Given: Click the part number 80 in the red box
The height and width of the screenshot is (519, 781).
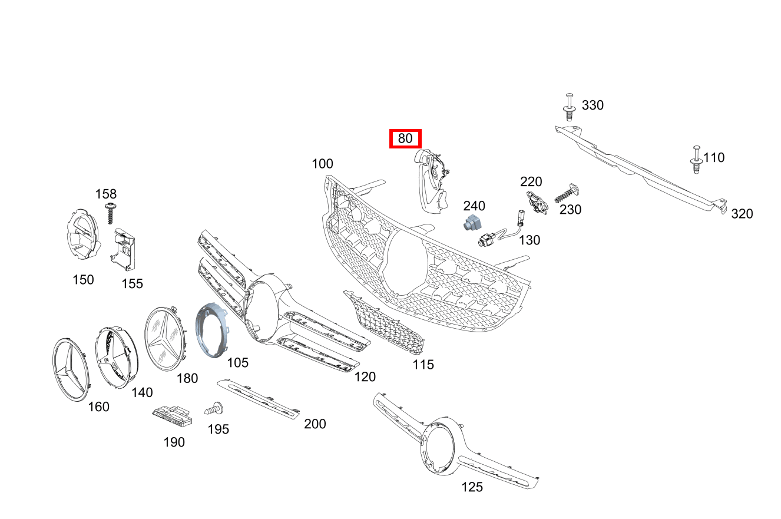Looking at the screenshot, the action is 405,138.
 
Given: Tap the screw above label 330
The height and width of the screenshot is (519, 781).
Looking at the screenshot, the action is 569,107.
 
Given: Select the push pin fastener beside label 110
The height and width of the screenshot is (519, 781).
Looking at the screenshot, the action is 696,160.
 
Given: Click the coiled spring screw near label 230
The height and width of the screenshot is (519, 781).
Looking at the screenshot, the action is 567,193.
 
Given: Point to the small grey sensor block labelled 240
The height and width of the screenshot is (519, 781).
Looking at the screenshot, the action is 472,222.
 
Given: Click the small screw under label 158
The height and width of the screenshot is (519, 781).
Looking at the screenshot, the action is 111,213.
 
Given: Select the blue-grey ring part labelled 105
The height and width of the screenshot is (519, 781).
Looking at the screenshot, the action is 211,330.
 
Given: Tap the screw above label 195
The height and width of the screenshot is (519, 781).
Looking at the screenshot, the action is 214,408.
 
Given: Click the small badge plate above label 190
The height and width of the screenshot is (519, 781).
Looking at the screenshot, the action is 172,416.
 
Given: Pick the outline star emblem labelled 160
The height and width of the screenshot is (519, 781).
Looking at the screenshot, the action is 71,370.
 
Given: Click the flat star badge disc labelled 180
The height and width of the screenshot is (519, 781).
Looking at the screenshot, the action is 166,339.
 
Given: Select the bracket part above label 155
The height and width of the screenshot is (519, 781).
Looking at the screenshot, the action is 123,250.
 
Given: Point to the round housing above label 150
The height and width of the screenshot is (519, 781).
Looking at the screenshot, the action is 83,234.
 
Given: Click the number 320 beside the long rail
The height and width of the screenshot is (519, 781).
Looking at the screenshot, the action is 742,214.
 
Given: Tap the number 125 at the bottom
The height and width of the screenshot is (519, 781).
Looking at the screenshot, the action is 472,487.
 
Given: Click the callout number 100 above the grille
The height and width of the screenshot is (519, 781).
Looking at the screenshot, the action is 322,164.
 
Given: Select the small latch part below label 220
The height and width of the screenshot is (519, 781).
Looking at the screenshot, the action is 537,202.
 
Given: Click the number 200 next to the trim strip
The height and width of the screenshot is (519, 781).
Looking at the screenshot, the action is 315,424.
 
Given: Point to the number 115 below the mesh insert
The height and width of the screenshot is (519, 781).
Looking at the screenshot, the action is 423,365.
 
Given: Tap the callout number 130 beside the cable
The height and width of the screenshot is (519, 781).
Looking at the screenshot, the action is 530,240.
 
